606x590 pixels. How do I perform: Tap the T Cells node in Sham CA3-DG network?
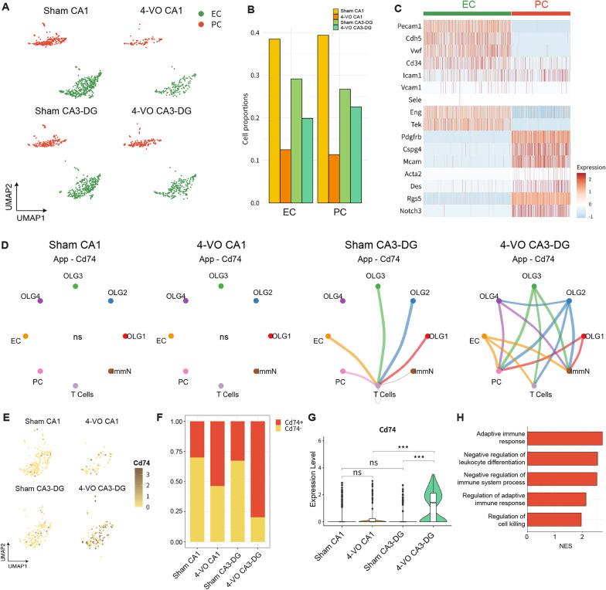[377, 385]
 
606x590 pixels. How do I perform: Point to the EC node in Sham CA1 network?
[25, 336]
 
